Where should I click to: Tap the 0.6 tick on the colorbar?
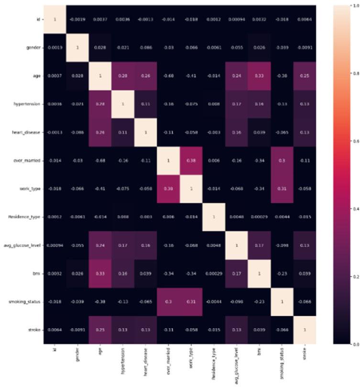352,142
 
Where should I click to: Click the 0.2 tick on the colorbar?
352,277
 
